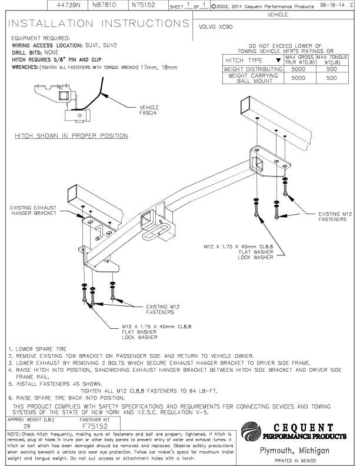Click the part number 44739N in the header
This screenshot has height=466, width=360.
[x=68, y=4]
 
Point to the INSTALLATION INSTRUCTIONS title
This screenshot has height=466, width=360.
[x=99, y=24]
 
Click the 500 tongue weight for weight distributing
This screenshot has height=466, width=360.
[x=332, y=69]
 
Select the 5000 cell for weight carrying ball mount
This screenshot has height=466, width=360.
[x=299, y=78]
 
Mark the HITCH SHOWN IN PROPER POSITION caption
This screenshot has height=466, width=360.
[x=71, y=136]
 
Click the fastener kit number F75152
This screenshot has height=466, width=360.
[x=95, y=425]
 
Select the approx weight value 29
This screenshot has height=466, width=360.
[x=26, y=425]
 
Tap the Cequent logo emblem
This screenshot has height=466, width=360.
[x=252, y=431]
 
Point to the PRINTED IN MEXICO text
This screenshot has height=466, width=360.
[x=299, y=461]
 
